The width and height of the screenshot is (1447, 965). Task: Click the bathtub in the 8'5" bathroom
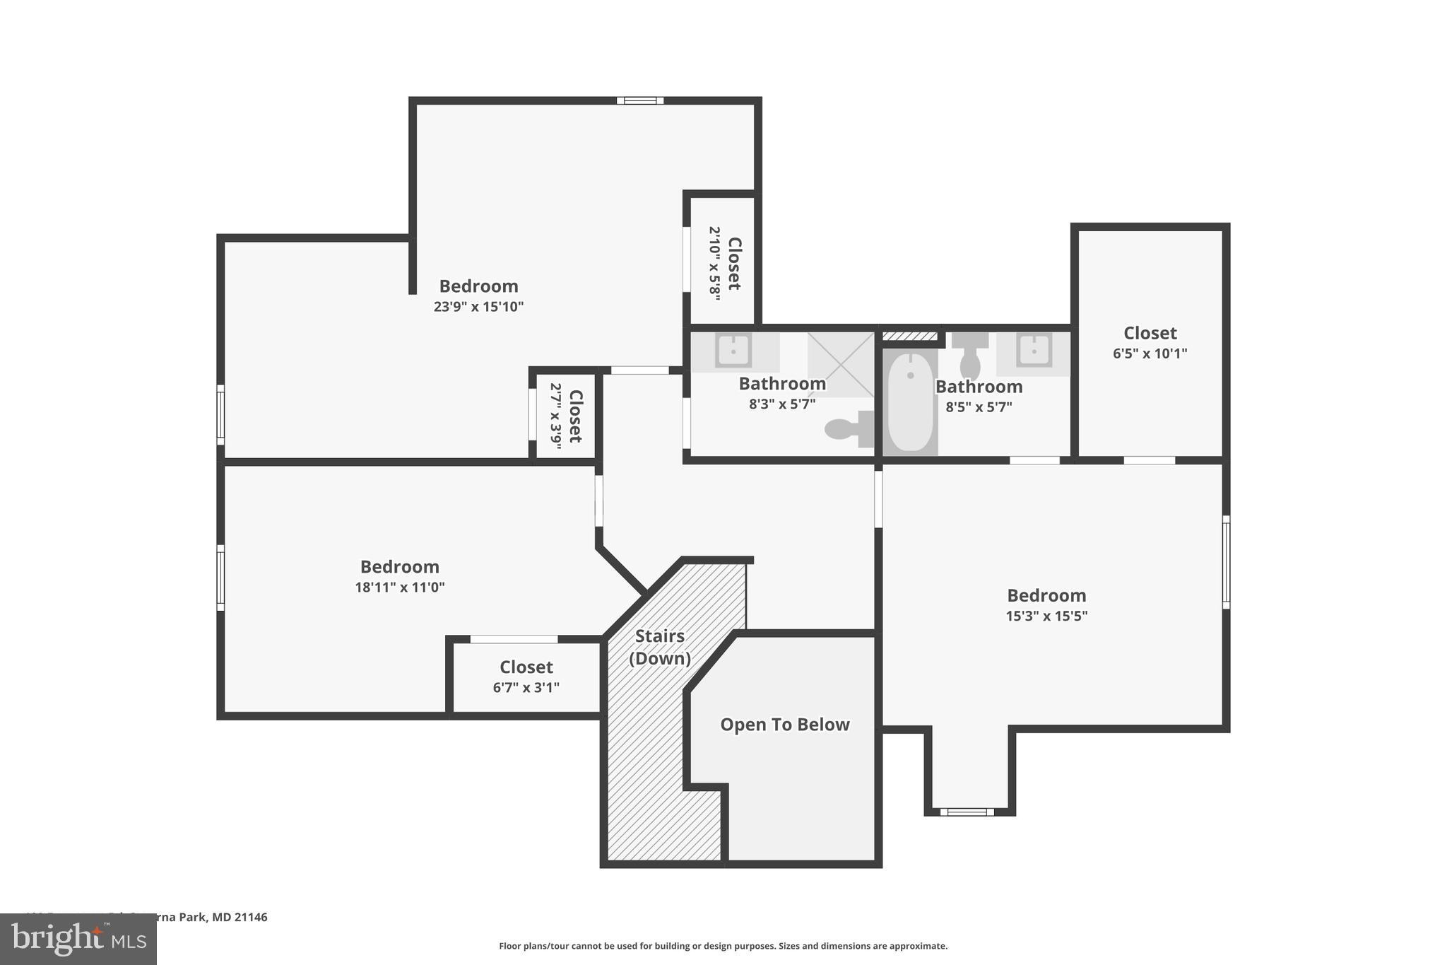pos(910,403)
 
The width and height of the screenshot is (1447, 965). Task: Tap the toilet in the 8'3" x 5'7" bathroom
pos(849,429)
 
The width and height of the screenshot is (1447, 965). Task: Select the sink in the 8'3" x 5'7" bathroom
pos(733,351)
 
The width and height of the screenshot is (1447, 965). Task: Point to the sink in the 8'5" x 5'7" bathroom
pos(1034,351)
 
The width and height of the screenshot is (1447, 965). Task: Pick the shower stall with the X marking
pos(841,364)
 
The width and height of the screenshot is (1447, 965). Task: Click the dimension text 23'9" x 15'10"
pos(478,307)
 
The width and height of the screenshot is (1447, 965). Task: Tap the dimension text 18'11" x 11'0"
pos(400,587)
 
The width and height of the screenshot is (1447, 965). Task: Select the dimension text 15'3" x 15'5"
pos(1046,616)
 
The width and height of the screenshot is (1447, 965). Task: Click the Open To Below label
pos(784,725)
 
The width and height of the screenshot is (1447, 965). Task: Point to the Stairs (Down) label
pos(659,647)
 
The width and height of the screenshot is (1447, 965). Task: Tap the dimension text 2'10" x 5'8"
pos(715,264)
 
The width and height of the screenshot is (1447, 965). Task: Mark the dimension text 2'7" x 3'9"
pos(556,416)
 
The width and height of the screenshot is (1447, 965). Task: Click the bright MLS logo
pos(78,939)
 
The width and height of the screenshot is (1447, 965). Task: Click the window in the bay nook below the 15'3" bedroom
pos(967,812)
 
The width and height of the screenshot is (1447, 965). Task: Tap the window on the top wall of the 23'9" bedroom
pos(639,100)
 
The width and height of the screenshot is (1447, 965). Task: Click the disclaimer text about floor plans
pos(723,946)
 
